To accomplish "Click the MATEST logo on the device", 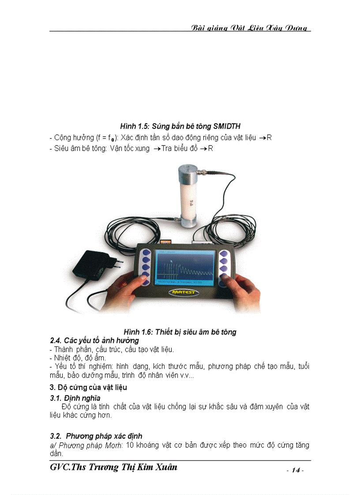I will pos(184,292).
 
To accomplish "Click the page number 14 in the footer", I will pos(295,470).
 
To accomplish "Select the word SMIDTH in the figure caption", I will pos(226,127).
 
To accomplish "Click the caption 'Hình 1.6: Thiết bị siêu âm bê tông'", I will pos(180,332).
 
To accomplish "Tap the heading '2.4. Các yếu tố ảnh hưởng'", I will pos(94,340).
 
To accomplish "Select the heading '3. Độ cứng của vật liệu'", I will pos(88,387).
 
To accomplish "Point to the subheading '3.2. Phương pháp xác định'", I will pos(96,436).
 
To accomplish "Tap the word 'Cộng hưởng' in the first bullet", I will pos(70,138).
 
